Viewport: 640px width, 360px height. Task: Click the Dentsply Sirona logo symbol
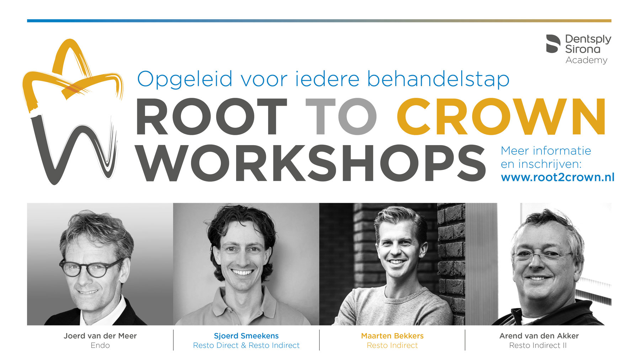point(553,44)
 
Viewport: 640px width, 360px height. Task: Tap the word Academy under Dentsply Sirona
point(586,60)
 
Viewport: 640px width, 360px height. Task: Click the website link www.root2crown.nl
point(558,177)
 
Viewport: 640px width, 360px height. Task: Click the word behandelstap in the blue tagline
point(438,79)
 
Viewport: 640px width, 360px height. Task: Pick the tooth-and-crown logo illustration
point(73,111)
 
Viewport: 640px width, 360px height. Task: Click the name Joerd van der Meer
point(100,336)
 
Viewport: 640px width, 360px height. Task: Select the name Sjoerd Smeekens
point(246,336)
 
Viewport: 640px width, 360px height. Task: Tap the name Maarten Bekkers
point(392,336)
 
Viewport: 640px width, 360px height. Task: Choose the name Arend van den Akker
point(539,336)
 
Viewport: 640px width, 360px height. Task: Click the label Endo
point(100,345)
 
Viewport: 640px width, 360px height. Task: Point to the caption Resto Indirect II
point(538,345)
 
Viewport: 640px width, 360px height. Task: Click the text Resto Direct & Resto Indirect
point(246,345)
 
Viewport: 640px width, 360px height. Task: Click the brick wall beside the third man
point(451,263)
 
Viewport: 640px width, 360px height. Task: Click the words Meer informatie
point(546,151)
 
